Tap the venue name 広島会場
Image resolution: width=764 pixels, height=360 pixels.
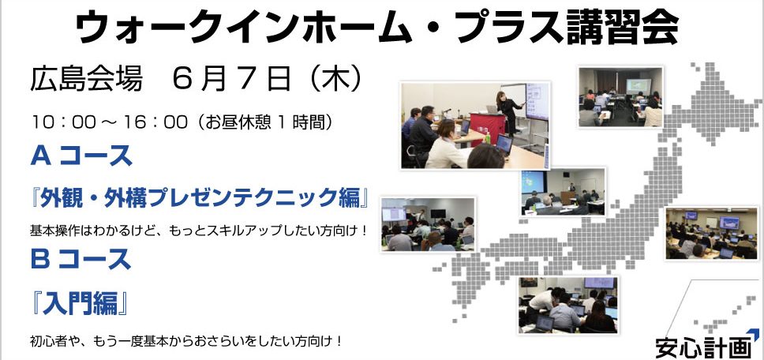86,79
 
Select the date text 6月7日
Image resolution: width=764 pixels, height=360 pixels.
232,79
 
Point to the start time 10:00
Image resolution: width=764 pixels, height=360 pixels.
63,122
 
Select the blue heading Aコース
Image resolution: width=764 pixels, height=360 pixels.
81,156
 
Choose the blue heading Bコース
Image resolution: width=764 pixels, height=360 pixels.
81,259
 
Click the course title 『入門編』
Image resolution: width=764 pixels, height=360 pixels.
81,303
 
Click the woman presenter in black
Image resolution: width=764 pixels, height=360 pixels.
509,112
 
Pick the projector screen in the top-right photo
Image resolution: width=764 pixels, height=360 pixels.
639,86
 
